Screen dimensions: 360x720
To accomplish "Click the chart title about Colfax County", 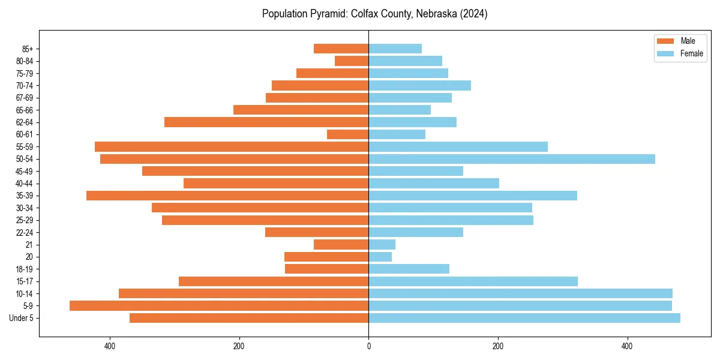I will pos(374,14).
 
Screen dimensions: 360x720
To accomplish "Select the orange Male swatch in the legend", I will pos(665,41).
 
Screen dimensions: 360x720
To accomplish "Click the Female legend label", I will pos(692,53).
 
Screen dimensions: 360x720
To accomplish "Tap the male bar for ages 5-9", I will pos(219,306).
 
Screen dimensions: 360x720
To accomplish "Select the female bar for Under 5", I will pos(524,318).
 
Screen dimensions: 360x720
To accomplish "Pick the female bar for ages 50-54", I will pos(512,159).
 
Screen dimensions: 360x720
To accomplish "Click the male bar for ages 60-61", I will pos(347,134).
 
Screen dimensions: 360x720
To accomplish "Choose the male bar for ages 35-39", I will pos(227,196).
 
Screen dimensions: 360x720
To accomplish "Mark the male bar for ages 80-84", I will pos(352,61).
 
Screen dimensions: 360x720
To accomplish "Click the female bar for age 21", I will pos(382,245).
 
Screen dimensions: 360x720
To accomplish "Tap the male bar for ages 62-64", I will pos(266,122).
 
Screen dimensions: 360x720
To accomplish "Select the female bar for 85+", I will pos(395,49).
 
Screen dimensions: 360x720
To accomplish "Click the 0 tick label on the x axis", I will pos(368,346).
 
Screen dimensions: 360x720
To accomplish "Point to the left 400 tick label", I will pos(110,346).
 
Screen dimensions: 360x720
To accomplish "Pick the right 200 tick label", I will pos(497,346).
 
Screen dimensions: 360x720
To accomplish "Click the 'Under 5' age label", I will pos(21,318).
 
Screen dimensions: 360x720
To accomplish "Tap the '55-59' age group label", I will pos(24,147).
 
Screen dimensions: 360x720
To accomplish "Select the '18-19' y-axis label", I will pos(24,269).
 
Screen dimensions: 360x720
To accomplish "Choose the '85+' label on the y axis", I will pos(27,49).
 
